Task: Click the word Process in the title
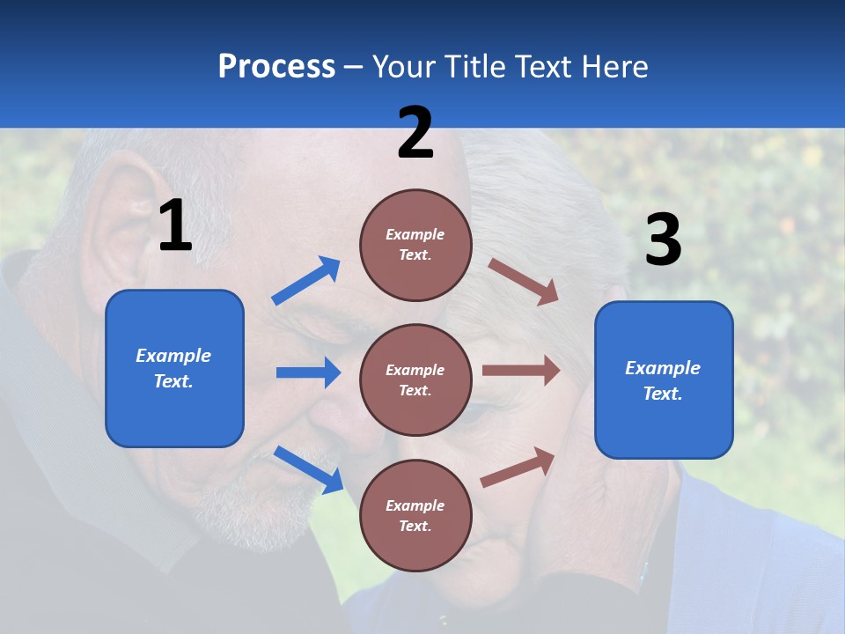click(x=276, y=67)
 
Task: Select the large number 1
click(x=175, y=226)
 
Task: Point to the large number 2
click(x=415, y=134)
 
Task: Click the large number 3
click(x=663, y=240)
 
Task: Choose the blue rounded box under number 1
click(x=174, y=368)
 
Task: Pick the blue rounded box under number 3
click(x=664, y=380)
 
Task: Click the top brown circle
click(x=415, y=245)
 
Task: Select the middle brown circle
click(x=415, y=380)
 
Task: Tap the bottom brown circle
click(x=415, y=515)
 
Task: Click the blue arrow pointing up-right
click(x=306, y=281)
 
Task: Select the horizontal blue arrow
click(x=308, y=372)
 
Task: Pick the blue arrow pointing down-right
click(x=308, y=469)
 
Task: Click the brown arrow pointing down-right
click(x=524, y=282)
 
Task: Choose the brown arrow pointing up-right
click(x=518, y=468)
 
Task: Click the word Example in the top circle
click(x=415, y=234)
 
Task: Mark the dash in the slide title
click(x=354, y=68)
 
